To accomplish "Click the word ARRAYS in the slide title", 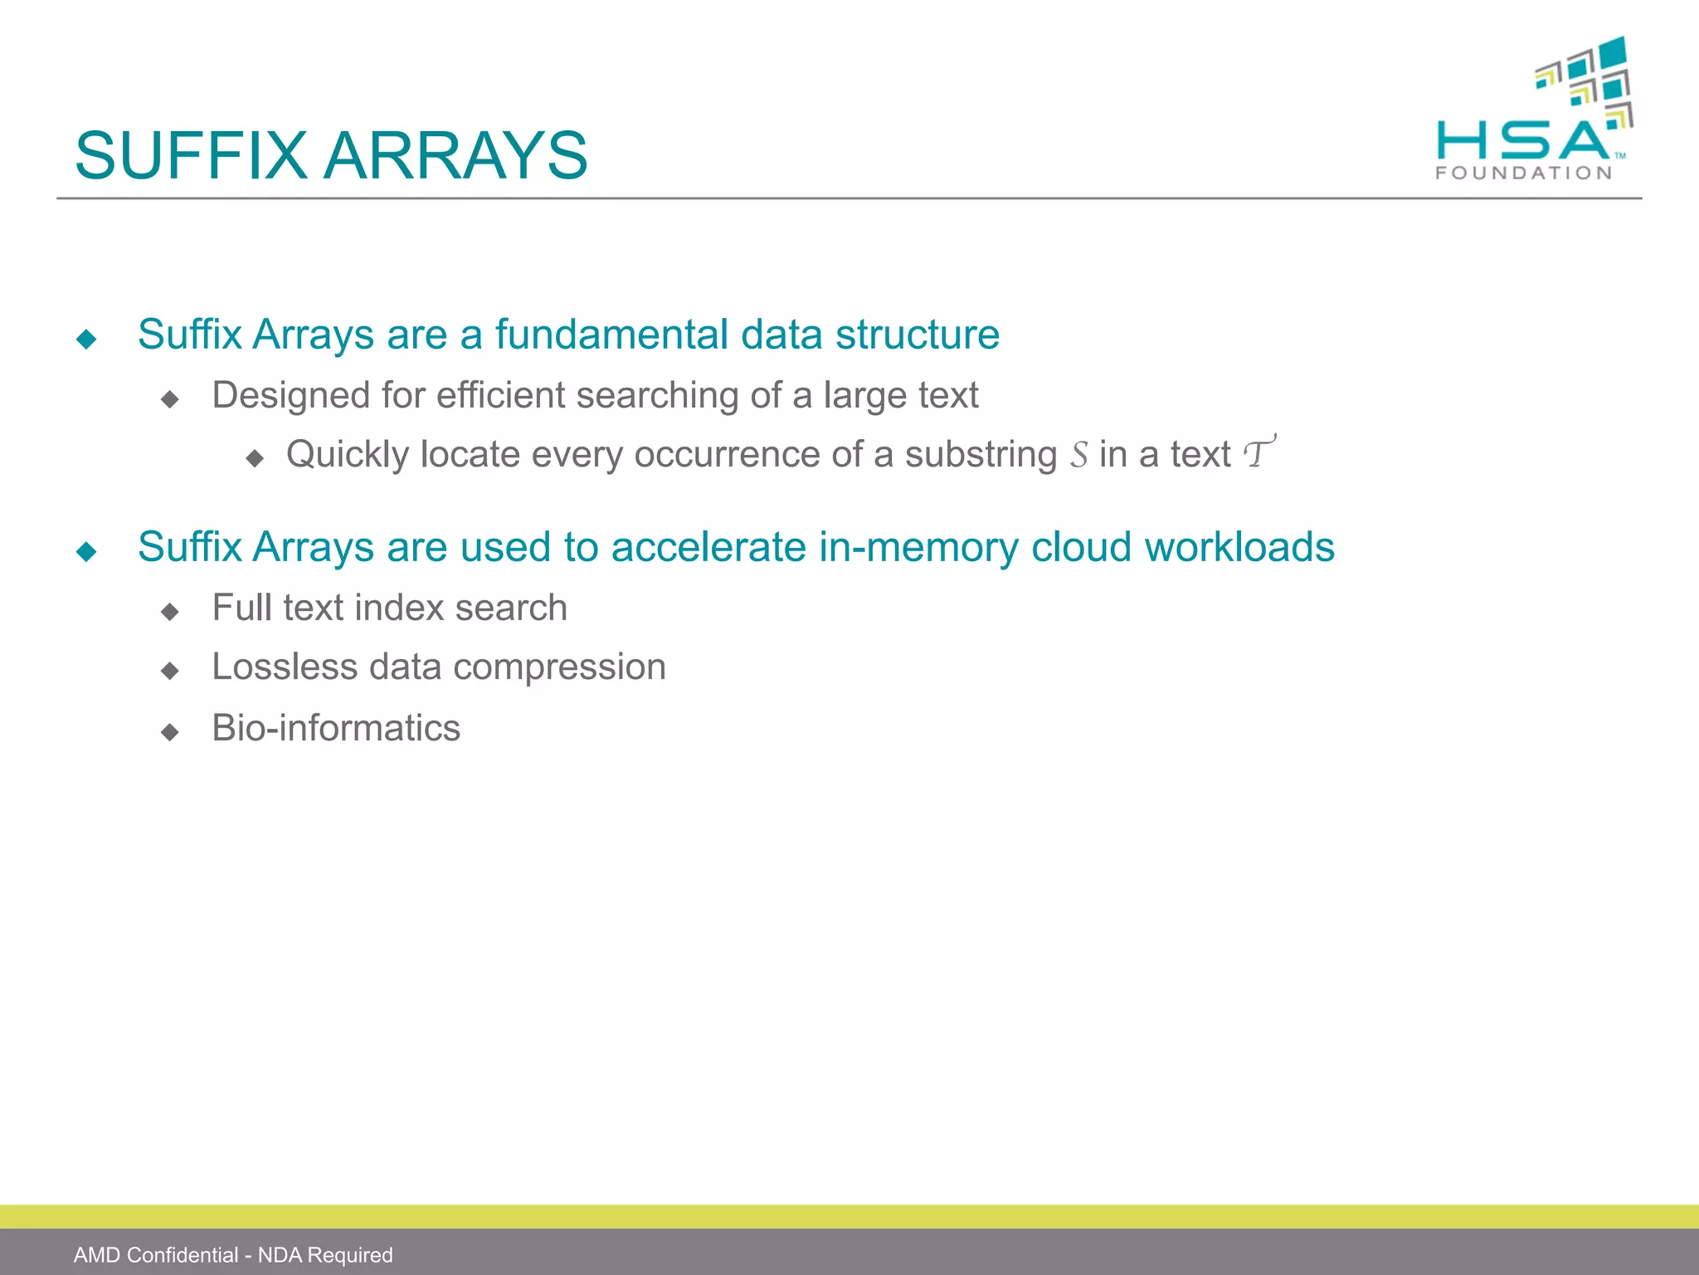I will tap(455, 156).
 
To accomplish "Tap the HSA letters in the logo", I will tap(1523, 141).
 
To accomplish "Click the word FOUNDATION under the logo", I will tap(1524, 173).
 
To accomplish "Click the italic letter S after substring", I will tap(1078, 455).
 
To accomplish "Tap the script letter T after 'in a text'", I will tap(1258, 453).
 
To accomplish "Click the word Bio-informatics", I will tap(336, 728).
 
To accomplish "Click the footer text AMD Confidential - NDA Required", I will tap(233, 1255).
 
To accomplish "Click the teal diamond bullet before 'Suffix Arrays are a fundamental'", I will tap(86, 339).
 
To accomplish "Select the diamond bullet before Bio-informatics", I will tap(170, 731).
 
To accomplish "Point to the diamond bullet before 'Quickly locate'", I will tap(255, 458).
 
